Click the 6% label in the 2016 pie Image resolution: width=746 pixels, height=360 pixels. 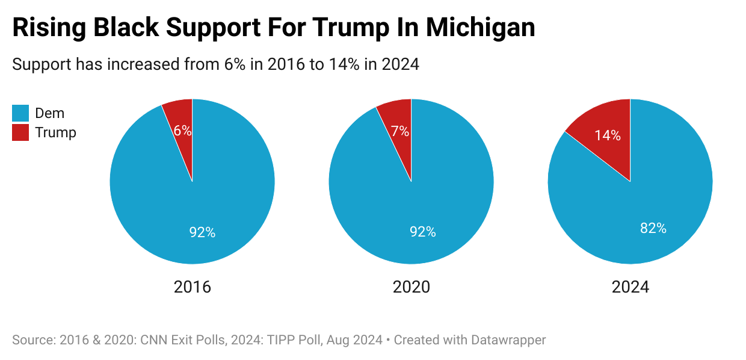182,131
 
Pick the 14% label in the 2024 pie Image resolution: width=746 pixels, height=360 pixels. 608,135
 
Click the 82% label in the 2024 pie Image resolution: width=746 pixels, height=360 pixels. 653,228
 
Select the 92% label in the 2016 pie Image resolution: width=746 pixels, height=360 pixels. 202,232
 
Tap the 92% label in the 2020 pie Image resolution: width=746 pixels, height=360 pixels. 422,232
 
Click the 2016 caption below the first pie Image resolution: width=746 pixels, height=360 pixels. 193,287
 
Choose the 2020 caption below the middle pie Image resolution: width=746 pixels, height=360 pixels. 412,287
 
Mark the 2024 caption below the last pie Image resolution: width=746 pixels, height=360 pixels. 630,287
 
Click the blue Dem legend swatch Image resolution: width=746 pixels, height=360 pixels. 20,113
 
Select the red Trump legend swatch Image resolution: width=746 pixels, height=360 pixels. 20,132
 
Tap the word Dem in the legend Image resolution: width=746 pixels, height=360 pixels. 50,113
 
